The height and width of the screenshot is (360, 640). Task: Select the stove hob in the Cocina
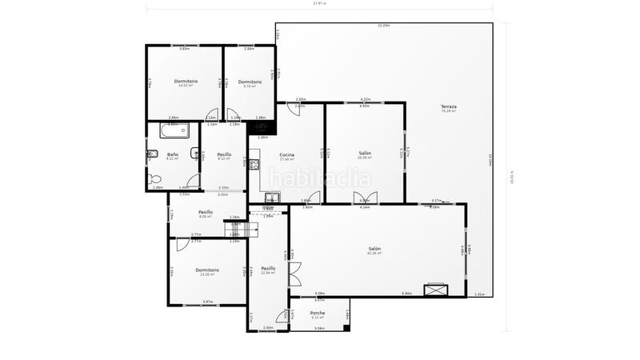tap(254, 165)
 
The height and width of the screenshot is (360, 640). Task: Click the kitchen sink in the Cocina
tap(272, 197)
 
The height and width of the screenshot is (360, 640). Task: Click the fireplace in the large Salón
tap(437, 290)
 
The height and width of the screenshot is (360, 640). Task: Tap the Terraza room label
tap(448, 107)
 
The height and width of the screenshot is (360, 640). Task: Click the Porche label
tap(318, 313)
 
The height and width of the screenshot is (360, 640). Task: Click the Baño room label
tap(172, 154)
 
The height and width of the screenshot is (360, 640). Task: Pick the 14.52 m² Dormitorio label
tap(186, 82)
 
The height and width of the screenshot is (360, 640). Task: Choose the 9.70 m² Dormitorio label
tap(250, 82)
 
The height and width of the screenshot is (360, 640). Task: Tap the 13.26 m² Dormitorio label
tap(207, 270)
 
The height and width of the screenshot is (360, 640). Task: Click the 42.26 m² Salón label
tap(374, 250)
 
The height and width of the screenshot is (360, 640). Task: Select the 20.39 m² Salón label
tap(365, 154)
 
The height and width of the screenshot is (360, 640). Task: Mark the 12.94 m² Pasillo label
tap(268, 269)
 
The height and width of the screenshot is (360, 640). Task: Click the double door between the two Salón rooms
tap(365, 198)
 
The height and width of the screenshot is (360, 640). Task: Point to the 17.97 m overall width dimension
tap(319, 3)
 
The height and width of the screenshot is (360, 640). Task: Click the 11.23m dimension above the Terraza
tap(384, 26)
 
